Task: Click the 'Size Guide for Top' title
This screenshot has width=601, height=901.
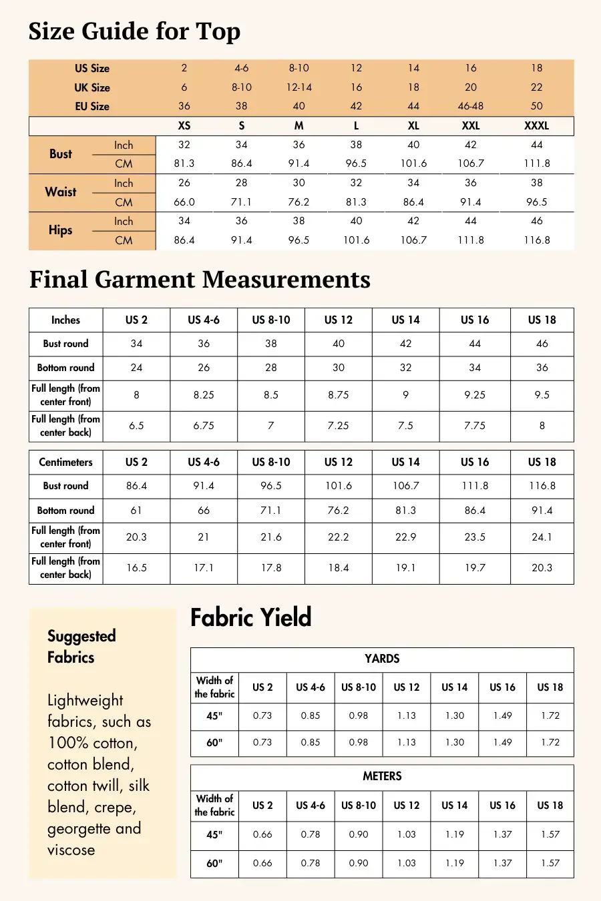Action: click(x=134, y=31)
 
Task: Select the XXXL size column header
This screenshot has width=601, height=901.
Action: click(x=536, y=125)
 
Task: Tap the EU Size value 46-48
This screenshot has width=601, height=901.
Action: click(x=471, y=106)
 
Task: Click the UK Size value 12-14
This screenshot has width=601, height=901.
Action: click(x=298, y=87)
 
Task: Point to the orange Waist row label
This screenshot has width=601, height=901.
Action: click(x=60, y=192)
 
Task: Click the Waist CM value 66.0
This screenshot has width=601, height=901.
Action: click(x=184, y=202)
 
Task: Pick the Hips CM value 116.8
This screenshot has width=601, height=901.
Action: click(x=536, y=240)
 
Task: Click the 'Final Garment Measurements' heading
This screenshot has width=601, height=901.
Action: click(x=200, y=280)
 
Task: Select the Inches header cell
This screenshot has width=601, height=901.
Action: click(x=65, y=320)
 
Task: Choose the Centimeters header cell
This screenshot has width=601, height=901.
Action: click(x=65, y=462)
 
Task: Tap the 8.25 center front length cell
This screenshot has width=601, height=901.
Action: click(x=204, y=395)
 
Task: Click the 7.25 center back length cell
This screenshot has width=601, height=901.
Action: click(x=338, y=426)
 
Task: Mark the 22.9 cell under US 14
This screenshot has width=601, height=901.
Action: click(x=405, y=537)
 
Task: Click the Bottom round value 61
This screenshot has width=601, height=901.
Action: click(x=136, y=511)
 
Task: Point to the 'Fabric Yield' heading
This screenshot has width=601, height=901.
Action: click(x=250, y=617)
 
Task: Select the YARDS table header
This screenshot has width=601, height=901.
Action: click(x=382, y=659)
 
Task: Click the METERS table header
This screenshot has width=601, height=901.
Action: click(x=382, y=776)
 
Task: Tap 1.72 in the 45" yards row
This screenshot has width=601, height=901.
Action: click(x=550, y=715)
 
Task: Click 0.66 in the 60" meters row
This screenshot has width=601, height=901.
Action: click(x=262, y=863)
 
